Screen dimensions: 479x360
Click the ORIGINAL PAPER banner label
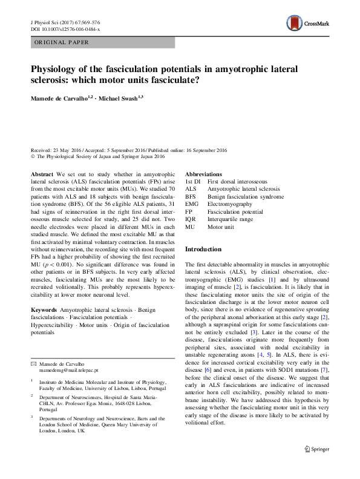tap(62, 42)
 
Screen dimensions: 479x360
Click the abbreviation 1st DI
tap(192, 181)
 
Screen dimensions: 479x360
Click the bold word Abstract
tap(42, 174)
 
